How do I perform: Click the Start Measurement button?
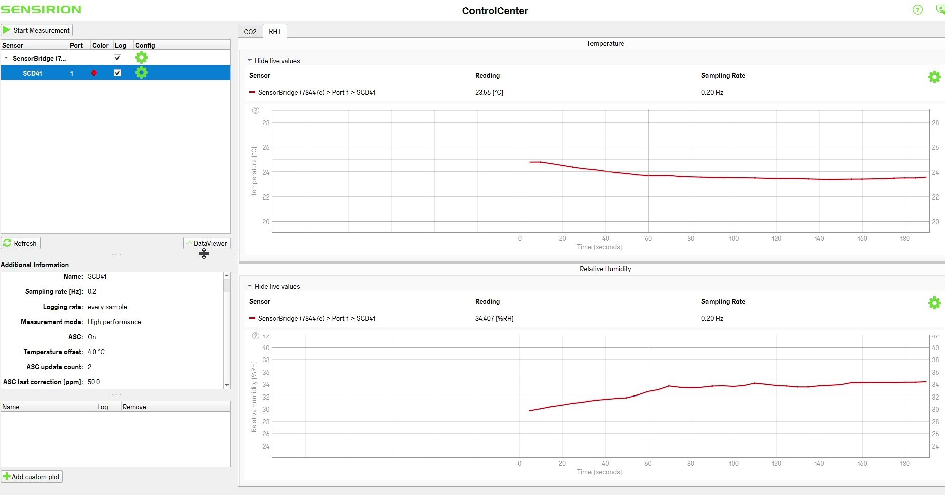[37, 30]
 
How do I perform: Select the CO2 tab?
[250, 32]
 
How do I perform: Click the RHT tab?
[275, 31]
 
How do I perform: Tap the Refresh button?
[21, 243]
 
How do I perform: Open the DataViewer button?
[207, 243]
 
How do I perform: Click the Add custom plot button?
[32, 477]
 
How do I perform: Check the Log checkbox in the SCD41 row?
[117, 73]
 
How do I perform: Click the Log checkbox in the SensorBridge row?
[117, 58]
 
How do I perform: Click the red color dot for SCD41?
[94, 73]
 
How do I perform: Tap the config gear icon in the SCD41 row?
[142, 73]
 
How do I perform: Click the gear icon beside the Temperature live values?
[934, 77]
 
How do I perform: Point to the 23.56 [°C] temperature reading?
[489, 92]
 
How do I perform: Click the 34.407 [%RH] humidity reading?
[494, 318]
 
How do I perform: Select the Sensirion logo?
[41, 10]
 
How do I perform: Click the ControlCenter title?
[495, 11]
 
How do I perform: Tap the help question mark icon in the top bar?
[917, 10]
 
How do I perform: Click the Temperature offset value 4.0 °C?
[96, 352]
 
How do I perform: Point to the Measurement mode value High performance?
[114, 322]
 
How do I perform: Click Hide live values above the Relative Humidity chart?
[277, 286]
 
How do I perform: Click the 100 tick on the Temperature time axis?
[734, 238]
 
